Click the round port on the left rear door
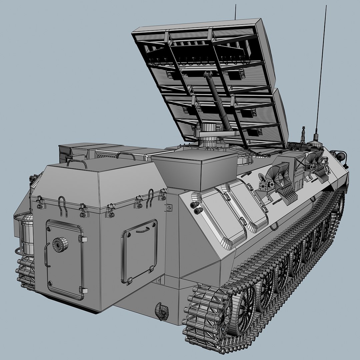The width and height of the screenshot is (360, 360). tap(60, 244)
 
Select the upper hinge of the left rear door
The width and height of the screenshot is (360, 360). tap(82, 239)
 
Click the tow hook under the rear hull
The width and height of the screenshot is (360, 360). tap(162, 311)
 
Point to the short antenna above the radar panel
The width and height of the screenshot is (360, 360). tap(236, 12)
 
